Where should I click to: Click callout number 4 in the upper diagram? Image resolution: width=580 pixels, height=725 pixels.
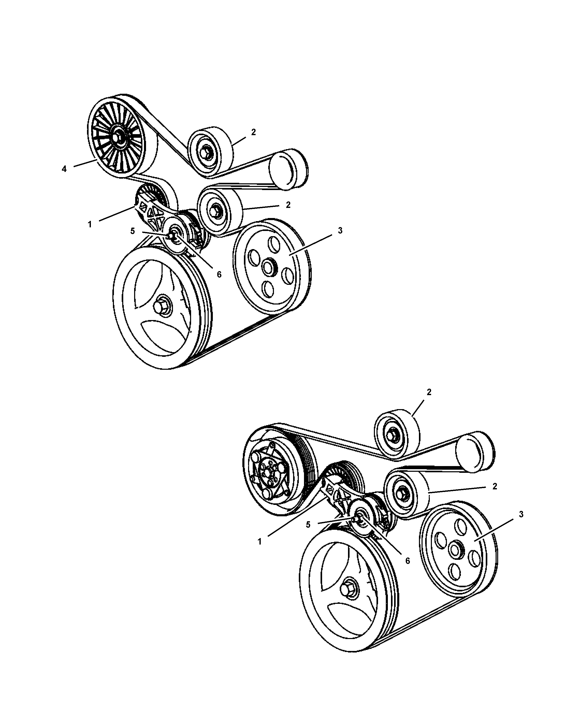[x=64, y=169]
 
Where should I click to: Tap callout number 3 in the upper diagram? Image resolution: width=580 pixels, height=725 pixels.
[x=340, y=231]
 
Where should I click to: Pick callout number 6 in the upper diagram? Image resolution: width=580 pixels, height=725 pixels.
[x=219, y=274]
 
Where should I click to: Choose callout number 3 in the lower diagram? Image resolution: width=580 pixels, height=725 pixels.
[x=521, y=514]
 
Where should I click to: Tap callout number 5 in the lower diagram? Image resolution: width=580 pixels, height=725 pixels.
[x=308, y=525]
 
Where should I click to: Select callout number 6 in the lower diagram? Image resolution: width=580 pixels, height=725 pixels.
[x=408, y=561]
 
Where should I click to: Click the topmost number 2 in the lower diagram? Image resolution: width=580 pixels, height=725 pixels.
[x=429, y=392]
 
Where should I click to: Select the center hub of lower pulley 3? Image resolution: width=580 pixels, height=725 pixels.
[x=455, y=550]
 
